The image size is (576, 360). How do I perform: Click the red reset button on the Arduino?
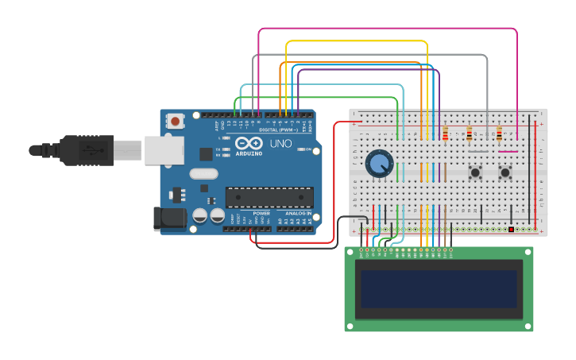click(x=175, y=121)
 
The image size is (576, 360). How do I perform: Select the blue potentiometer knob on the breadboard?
click(x=380, y=164)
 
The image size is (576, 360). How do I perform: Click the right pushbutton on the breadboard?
click(x=505, y=172)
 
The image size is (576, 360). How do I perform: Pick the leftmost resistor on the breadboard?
click(x=445, y=134)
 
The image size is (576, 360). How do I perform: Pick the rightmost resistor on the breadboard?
click(x=499, y=134)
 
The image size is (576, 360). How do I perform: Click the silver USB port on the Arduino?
click(x=163, y=149)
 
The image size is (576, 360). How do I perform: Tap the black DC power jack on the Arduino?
click(x=170, y=219)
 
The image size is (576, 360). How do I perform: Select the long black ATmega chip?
click(x=269, y=198)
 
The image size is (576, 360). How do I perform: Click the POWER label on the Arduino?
click(x=261, y=214)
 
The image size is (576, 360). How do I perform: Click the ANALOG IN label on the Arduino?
click(x=298, y=214)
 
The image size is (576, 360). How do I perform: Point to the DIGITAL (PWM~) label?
click(x=273, y=130)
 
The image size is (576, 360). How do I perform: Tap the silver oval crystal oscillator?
click(x=203, y=173)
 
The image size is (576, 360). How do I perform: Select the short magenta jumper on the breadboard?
click(x=508, y=151)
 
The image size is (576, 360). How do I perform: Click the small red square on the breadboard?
click(x=511, y=230)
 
